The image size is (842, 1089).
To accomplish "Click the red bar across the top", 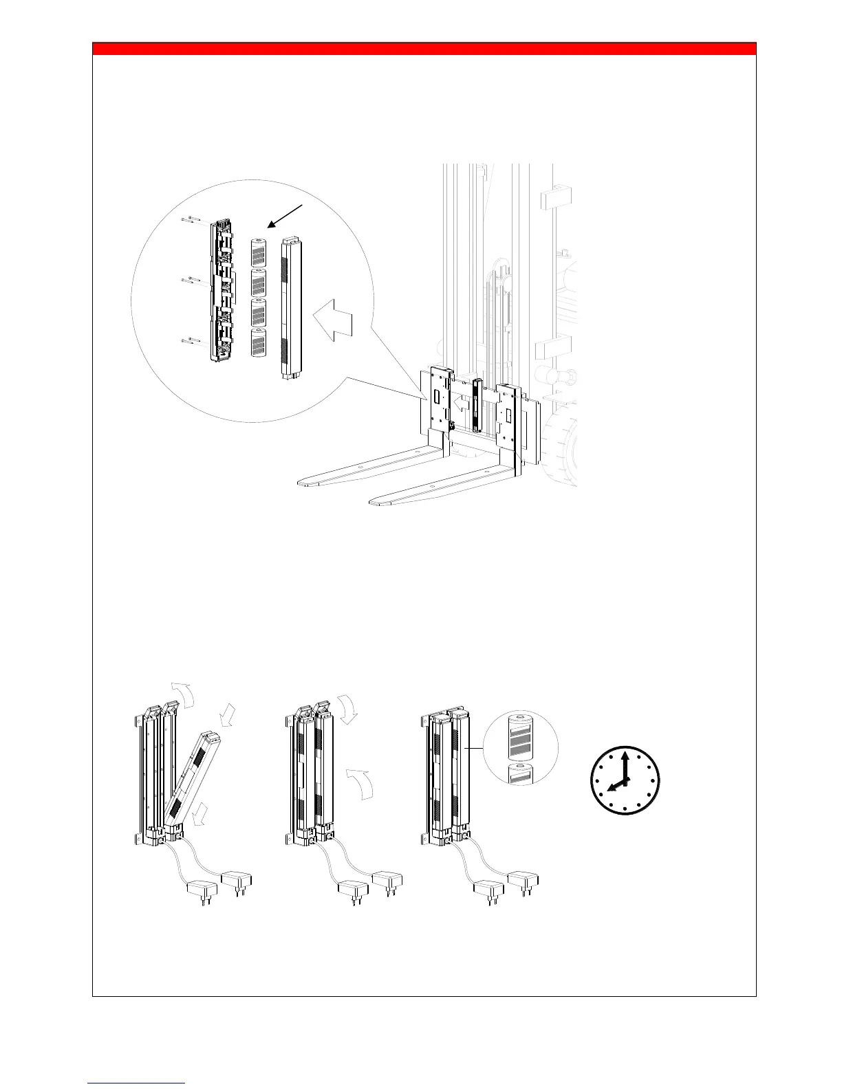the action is [424, 49].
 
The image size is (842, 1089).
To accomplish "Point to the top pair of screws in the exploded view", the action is [191, 221].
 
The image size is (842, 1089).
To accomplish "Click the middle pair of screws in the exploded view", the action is [191, 279].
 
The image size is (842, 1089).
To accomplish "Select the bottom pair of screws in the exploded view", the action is [191, 339].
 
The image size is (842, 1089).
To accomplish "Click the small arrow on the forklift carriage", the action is [457, 404].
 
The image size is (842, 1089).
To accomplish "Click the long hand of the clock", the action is [625, 767].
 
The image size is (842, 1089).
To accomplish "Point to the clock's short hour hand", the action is [616, 788].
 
